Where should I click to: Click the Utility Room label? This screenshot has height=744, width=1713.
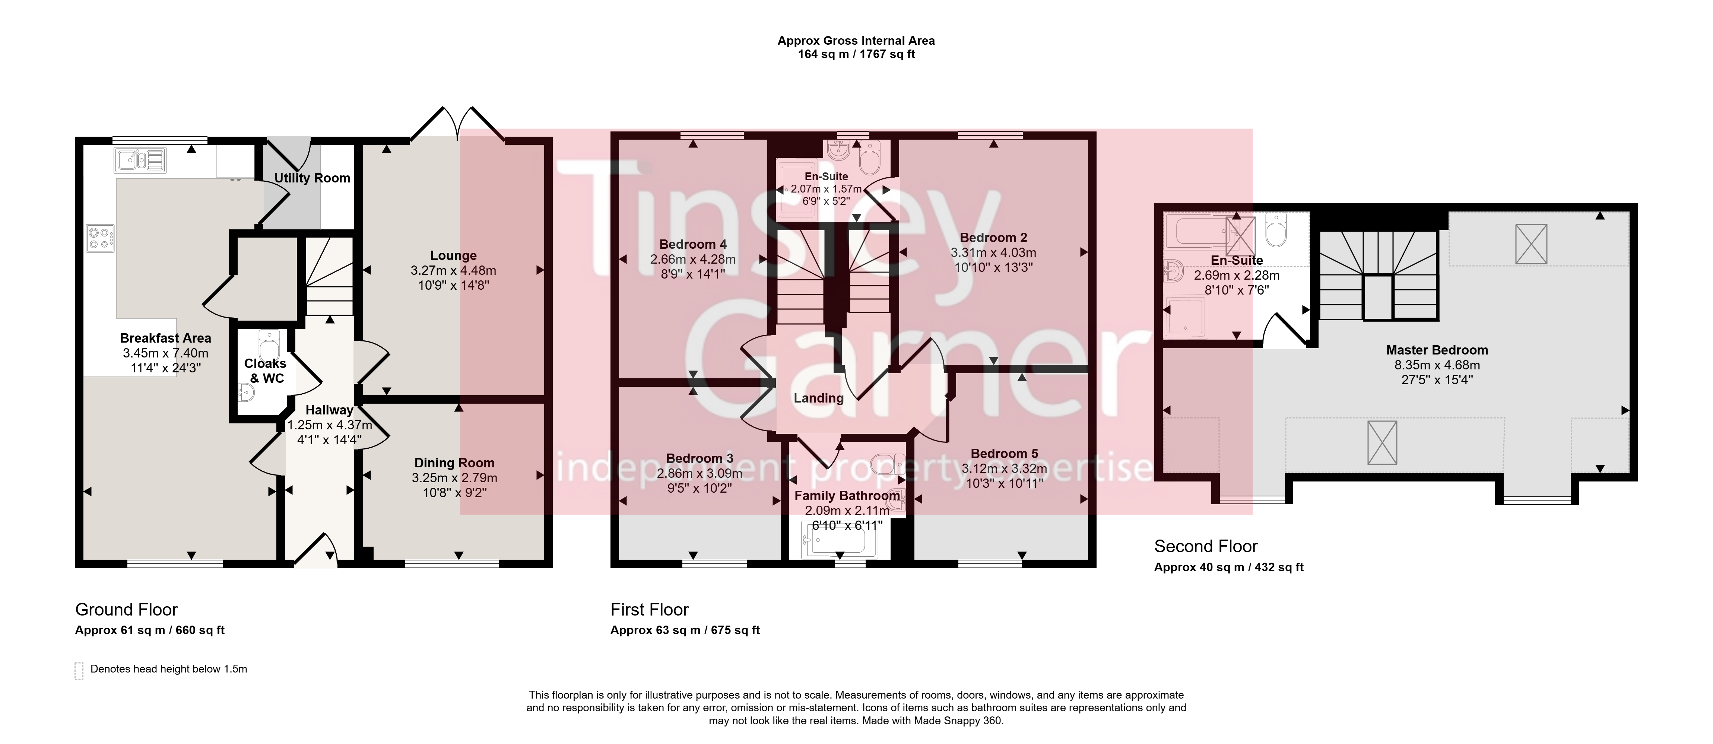312,178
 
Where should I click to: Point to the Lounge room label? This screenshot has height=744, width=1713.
454,255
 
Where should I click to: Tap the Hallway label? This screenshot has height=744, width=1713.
329,410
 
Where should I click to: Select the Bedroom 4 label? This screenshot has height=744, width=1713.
693,244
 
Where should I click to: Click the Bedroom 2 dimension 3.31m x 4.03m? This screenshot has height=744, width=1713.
993,252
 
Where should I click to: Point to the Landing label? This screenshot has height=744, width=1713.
819,398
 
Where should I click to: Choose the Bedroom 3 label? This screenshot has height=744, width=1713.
700,458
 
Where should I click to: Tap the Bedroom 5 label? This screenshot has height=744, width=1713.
1004,454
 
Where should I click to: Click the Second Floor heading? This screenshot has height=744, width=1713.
1206,547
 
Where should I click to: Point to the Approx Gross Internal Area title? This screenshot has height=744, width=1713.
856,41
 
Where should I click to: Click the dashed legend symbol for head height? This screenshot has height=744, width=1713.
79,670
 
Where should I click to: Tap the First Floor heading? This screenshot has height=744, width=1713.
650,610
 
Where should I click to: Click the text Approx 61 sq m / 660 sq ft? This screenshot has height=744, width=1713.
150,630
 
